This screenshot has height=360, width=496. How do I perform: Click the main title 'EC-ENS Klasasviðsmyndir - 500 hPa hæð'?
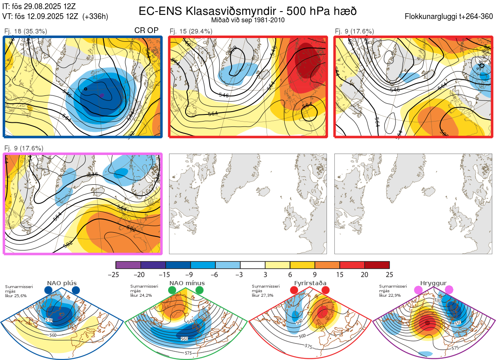(248, 11)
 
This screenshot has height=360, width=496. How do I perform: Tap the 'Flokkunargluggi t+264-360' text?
(450, 17)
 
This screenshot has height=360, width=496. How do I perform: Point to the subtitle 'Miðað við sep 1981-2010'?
(248, 20)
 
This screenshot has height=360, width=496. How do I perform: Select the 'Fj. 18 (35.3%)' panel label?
(26, 31)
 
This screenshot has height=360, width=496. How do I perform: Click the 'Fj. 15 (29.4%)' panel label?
(191, 31)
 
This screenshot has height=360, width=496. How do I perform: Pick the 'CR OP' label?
(147, 31)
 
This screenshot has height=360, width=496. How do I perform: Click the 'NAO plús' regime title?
(62, 283)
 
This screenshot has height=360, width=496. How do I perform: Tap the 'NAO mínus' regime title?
(187, 283)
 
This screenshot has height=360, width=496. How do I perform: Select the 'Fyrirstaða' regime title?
(311, 283)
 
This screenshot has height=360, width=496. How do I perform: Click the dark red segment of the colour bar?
(377, 265)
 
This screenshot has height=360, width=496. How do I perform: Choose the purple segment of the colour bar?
(128, 265)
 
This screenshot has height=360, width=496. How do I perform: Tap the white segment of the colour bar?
(253, 265)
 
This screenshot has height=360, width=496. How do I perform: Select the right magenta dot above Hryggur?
(449, 290)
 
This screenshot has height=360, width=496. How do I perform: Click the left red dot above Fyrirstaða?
(294, 291)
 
